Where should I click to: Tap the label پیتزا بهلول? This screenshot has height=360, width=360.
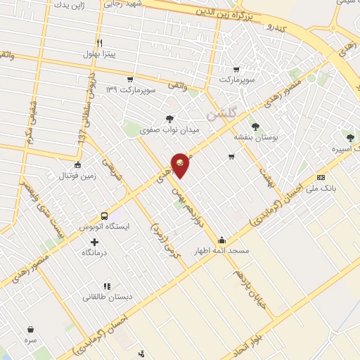point(99,53)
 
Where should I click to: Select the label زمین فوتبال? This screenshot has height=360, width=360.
point(78,176)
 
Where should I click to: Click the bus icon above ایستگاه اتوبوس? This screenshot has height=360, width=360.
point(104,216)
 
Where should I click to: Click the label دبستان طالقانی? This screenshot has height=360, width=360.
point(107,297)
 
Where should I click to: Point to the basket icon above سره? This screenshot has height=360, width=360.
point(30,328)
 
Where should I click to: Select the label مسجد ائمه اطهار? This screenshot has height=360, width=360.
point(222,250)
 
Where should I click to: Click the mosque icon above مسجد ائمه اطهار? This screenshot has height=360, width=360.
point(222,240)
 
